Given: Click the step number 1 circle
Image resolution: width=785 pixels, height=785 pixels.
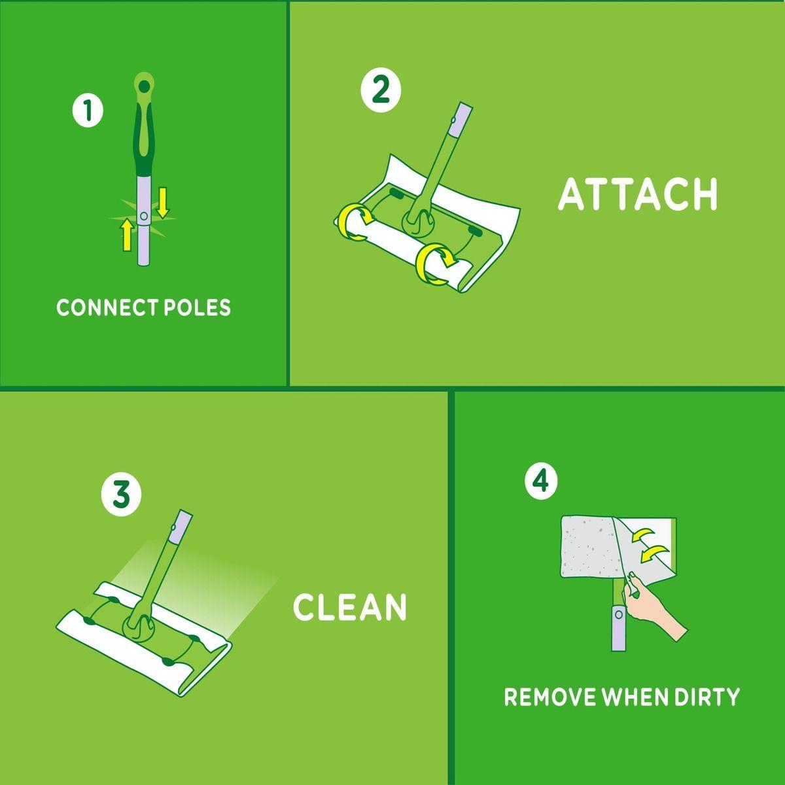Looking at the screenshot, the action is (x=88, y=111).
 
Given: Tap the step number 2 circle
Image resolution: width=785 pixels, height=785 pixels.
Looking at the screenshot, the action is (x=381, y=90).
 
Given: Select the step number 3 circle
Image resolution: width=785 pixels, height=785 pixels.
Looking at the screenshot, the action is (x=122, y=496).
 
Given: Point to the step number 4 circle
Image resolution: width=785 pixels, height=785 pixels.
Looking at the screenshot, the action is (x=541, y=482).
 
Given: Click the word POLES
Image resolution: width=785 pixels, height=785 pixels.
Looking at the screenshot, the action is (x=197, y=307).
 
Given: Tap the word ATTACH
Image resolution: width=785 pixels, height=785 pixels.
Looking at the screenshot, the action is (x=638, y=194).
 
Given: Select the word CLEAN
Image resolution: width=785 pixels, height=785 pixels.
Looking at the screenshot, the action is (x=350, y=606).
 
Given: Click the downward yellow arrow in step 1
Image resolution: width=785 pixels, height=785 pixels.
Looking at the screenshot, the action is (x=162, y=202).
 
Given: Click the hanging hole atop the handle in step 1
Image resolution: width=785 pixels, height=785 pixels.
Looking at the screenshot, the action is (x=144, y=86).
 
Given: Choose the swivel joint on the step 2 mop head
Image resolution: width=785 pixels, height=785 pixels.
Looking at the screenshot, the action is (x=417, y=222).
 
